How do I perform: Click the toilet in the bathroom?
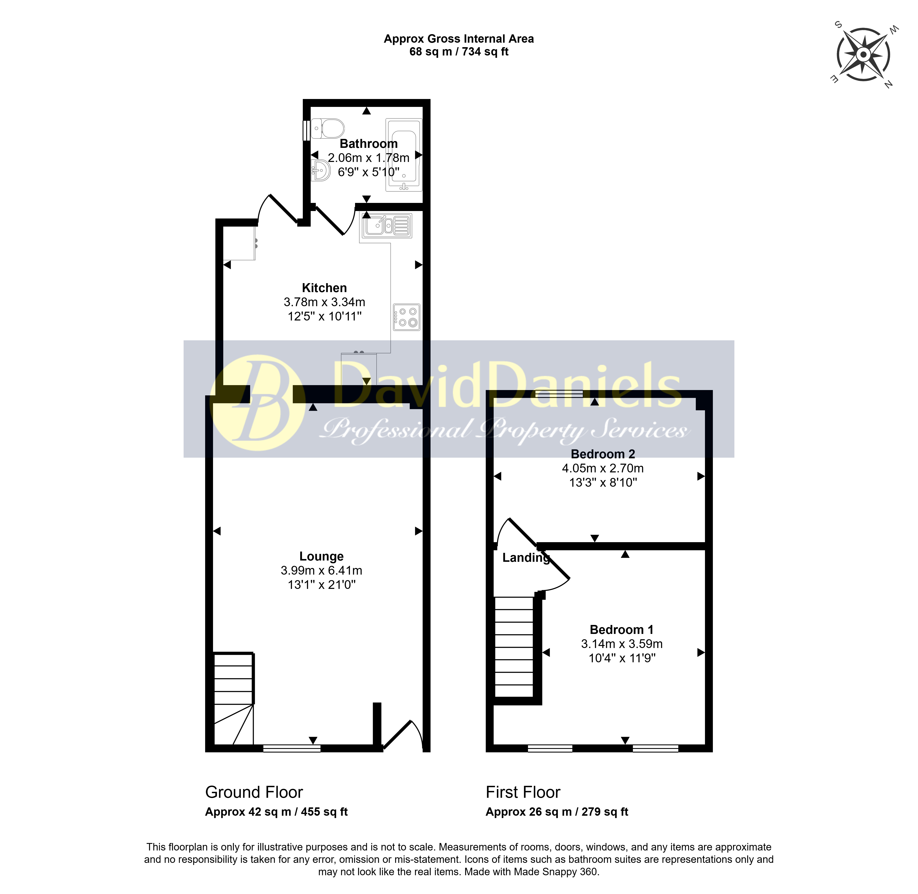click(x=328, y=128)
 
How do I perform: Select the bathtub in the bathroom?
click(x=404, y=155)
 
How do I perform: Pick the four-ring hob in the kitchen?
click(x=406, y=317)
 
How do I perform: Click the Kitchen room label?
click(x=324, y=288)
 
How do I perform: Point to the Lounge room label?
click(x=322, y=556)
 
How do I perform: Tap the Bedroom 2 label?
click(x=603, y=454)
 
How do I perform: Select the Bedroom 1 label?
click(x=621, y=630)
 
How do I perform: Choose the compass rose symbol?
click(x=864, y=55)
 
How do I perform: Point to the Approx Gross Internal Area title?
click(x=458, y=39)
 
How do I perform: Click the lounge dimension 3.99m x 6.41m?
click(x=322, y=571)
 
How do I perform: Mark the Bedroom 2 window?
click(x=559, y=394)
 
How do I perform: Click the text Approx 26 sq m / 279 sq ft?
click(x=557, y=812)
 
